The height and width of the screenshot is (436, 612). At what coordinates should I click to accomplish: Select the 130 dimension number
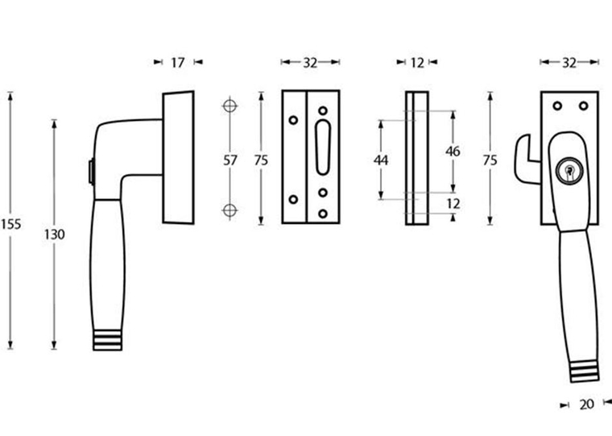pyautogui.click(x=55, y=235)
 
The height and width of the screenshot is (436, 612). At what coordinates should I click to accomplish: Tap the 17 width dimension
pyautogui.click(x=178, y=61)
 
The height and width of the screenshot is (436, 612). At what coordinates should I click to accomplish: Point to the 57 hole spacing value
pyautogui.click(x=230, y=160)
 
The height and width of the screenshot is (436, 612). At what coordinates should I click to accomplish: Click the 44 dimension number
pyautogui.click(x=381, y=160)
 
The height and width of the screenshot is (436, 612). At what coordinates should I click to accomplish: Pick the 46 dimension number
pyautogui.click(x=452, y=152)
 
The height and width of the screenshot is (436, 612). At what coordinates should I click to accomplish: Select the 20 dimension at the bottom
pyautogui.click(x=586, y=404)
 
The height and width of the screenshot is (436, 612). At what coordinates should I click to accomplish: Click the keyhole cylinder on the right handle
pyautogui.click(x=569, y=170)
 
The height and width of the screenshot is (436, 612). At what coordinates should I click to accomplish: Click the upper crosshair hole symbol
pyautogui.click(x=230, y=106)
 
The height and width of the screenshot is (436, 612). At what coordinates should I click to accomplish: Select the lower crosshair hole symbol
pyautogui.click(x=230, y=211)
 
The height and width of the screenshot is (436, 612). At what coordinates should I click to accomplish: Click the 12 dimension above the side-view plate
pyautogui.click(x=417, y=61)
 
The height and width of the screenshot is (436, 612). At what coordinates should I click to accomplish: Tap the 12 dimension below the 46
pyautogui.click(x=453, y=204)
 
